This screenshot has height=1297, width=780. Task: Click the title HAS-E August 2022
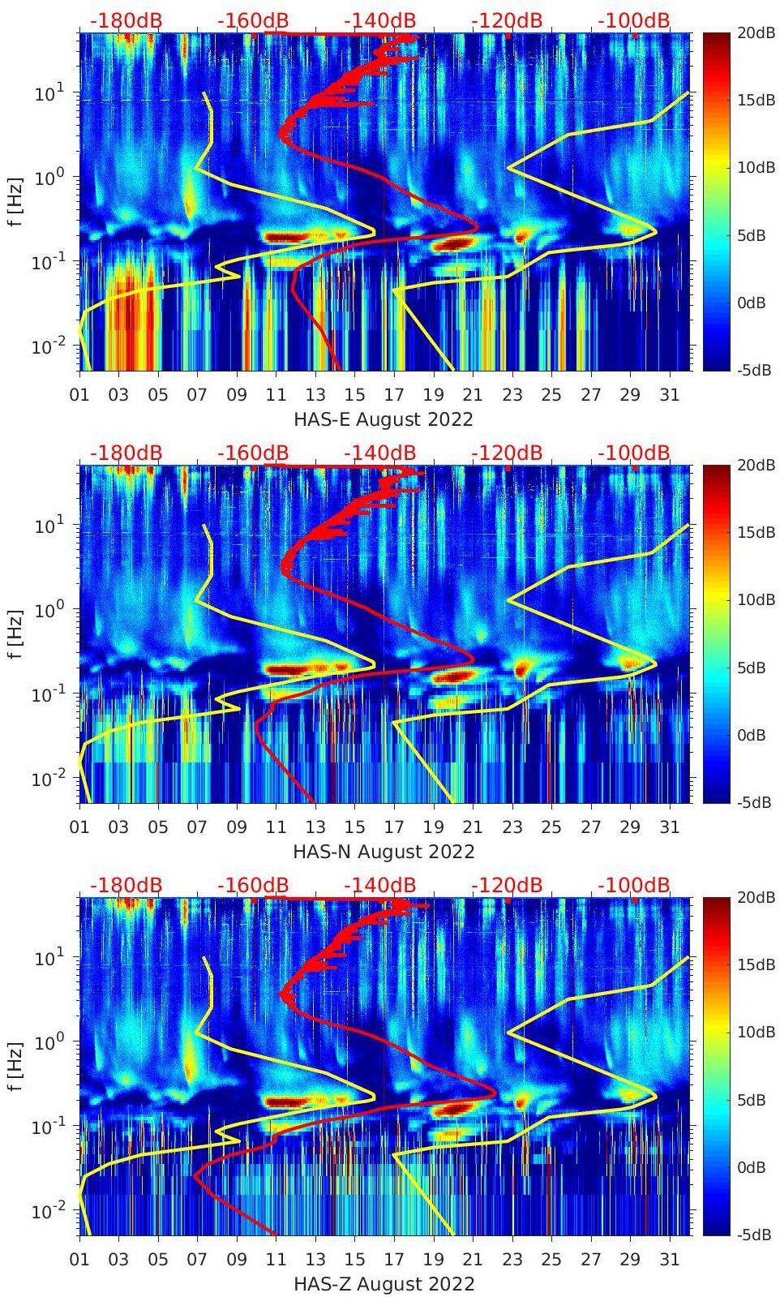(x=383, y=419)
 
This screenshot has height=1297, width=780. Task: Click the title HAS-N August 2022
(x=383, y=852)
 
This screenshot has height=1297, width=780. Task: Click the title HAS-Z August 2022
(x=383, y=1284)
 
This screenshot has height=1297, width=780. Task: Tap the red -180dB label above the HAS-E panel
(x=126, y=20)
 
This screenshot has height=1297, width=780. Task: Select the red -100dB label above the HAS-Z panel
(x=633, y=885)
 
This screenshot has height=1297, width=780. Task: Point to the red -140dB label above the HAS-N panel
(x=379, y=453)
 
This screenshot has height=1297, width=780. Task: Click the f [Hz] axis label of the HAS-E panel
(x=15, y=202)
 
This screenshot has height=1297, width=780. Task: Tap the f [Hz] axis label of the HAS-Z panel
(x=15, y=1067)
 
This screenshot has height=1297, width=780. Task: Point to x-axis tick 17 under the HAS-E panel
(x=394, y=395)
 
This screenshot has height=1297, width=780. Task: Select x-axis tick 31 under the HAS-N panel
(x=669, y=827)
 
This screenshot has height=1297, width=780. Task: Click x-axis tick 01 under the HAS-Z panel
(x=80, y=1260)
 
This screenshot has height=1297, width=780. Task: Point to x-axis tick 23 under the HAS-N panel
(x=512, y=827)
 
